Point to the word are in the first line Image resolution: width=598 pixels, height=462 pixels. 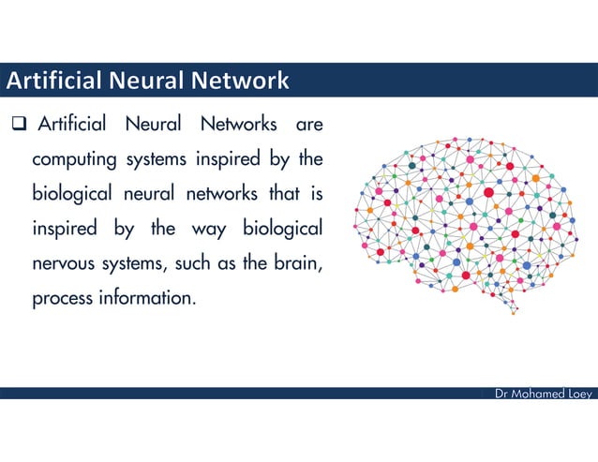click(309, 125)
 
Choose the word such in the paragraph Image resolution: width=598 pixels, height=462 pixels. click(193, 264)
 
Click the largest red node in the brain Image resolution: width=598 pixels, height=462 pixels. click(488, 193)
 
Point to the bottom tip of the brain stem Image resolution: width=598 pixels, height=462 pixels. click(514, 313)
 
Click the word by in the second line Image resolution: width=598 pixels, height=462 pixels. click(278, 159)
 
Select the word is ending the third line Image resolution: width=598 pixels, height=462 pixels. click(317, 194)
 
